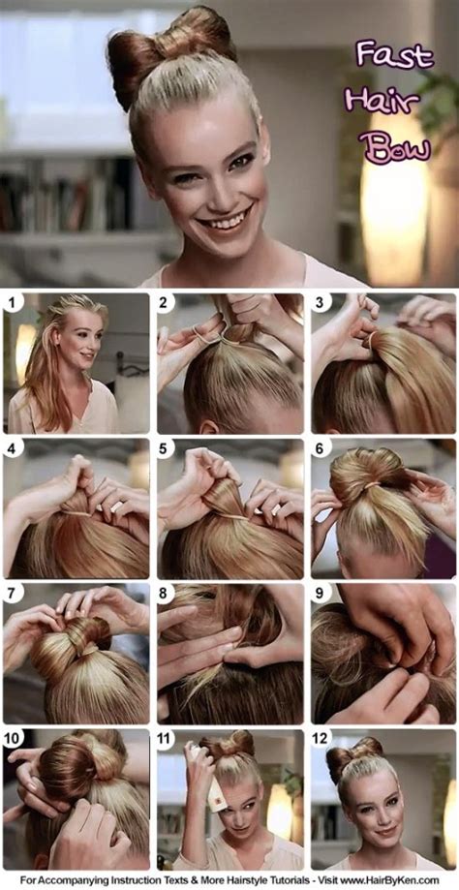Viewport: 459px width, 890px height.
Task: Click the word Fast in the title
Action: (x=393, y=55)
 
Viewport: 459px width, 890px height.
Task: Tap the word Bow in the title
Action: (x=393, y=147)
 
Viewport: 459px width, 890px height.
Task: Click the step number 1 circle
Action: (x=13, y=303)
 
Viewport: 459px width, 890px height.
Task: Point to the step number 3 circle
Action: (x=321, y=303)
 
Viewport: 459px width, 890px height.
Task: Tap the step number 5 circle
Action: (x=167, y=448)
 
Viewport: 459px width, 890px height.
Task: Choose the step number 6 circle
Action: (x=321, y=448)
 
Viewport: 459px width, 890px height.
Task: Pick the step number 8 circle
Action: (x=167, y=593)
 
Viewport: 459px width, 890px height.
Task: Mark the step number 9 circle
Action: (x=321, y=593)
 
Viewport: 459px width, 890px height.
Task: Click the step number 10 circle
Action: (x=14, y=738)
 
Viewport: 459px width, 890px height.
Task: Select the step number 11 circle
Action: (x=168, y=738)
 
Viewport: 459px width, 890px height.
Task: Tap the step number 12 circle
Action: (x=321, y=738)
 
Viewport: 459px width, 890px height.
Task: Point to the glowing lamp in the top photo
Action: (x=391, y=208)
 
